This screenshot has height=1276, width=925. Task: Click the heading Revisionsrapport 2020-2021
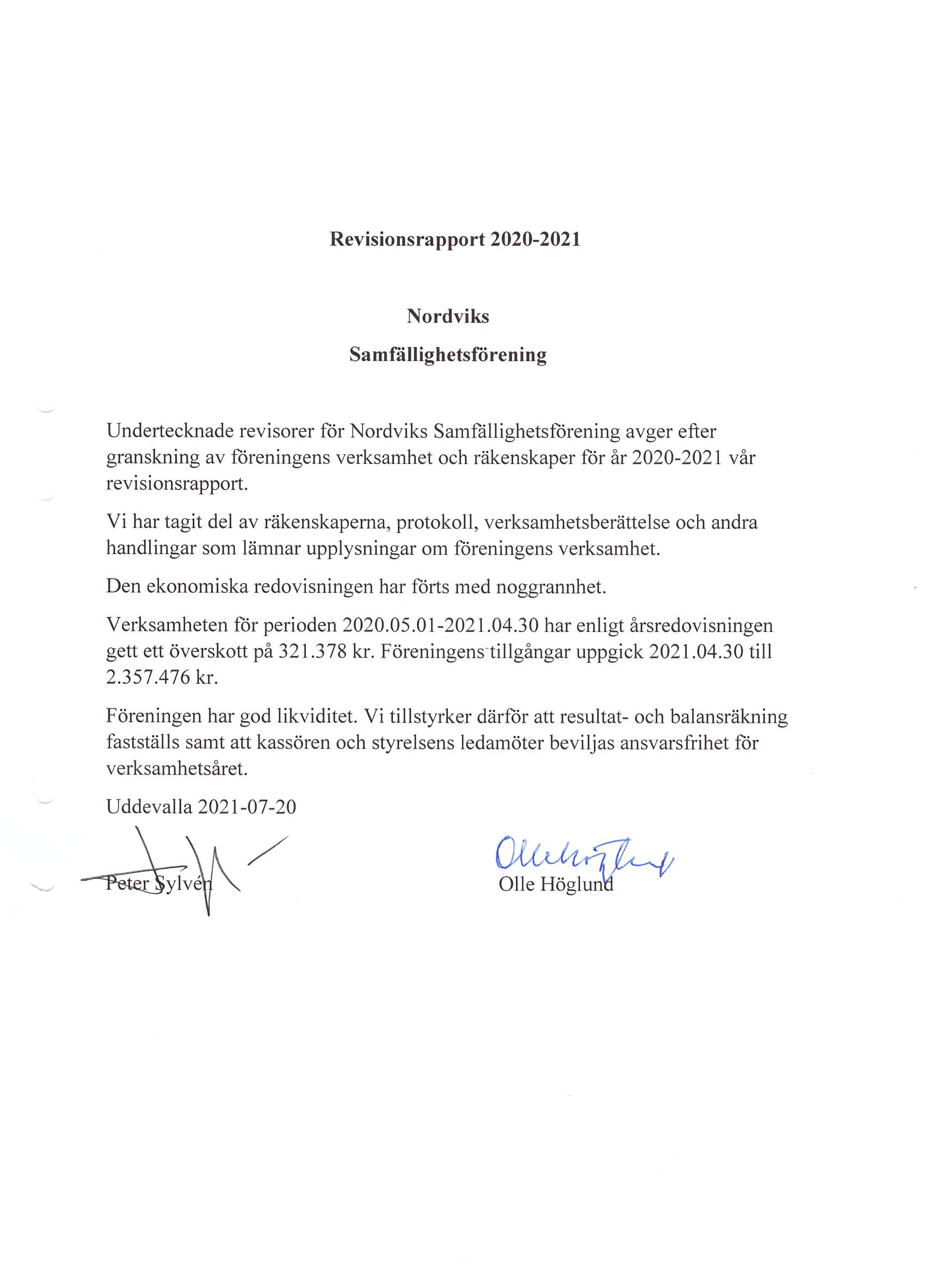point(454,239)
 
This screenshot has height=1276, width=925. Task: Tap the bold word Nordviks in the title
point(448,316)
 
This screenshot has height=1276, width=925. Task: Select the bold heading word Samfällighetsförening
point(448,355)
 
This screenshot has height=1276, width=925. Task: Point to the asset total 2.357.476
point(148,677)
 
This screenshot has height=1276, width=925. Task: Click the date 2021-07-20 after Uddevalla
point(246,807)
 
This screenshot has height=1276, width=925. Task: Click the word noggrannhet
point(551,587)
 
